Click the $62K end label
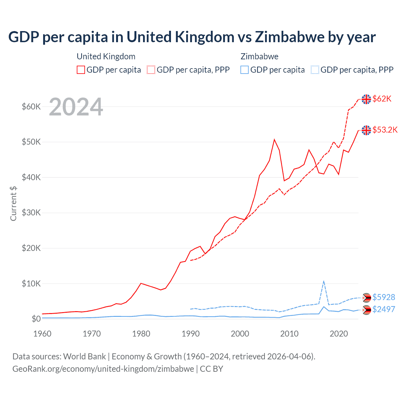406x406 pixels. tap(382, 99)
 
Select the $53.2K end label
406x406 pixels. tap(385, 130)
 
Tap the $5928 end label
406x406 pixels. tap(383, 298)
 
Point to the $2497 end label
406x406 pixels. tap(383, 309)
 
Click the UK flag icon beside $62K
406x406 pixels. tap(366, 99)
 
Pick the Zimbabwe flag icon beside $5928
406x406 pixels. tap(366, 298)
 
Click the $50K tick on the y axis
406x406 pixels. tap(31, 142)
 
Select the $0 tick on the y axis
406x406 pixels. tap(36, 319)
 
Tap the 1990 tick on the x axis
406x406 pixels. tap(190, 334)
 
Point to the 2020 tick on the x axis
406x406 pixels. tap(339, 334)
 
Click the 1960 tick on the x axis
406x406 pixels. tap(42, 334)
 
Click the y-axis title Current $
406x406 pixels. tap(13, 204)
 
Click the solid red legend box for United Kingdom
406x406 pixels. tap(81, 70)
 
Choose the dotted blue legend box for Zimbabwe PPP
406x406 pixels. tap(315, 70)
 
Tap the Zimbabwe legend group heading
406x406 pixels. tap(259, 56)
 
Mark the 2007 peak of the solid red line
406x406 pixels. tap(274, 140)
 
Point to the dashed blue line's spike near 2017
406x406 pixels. tap(324, 281)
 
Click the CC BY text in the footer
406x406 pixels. tap(211, 369)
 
